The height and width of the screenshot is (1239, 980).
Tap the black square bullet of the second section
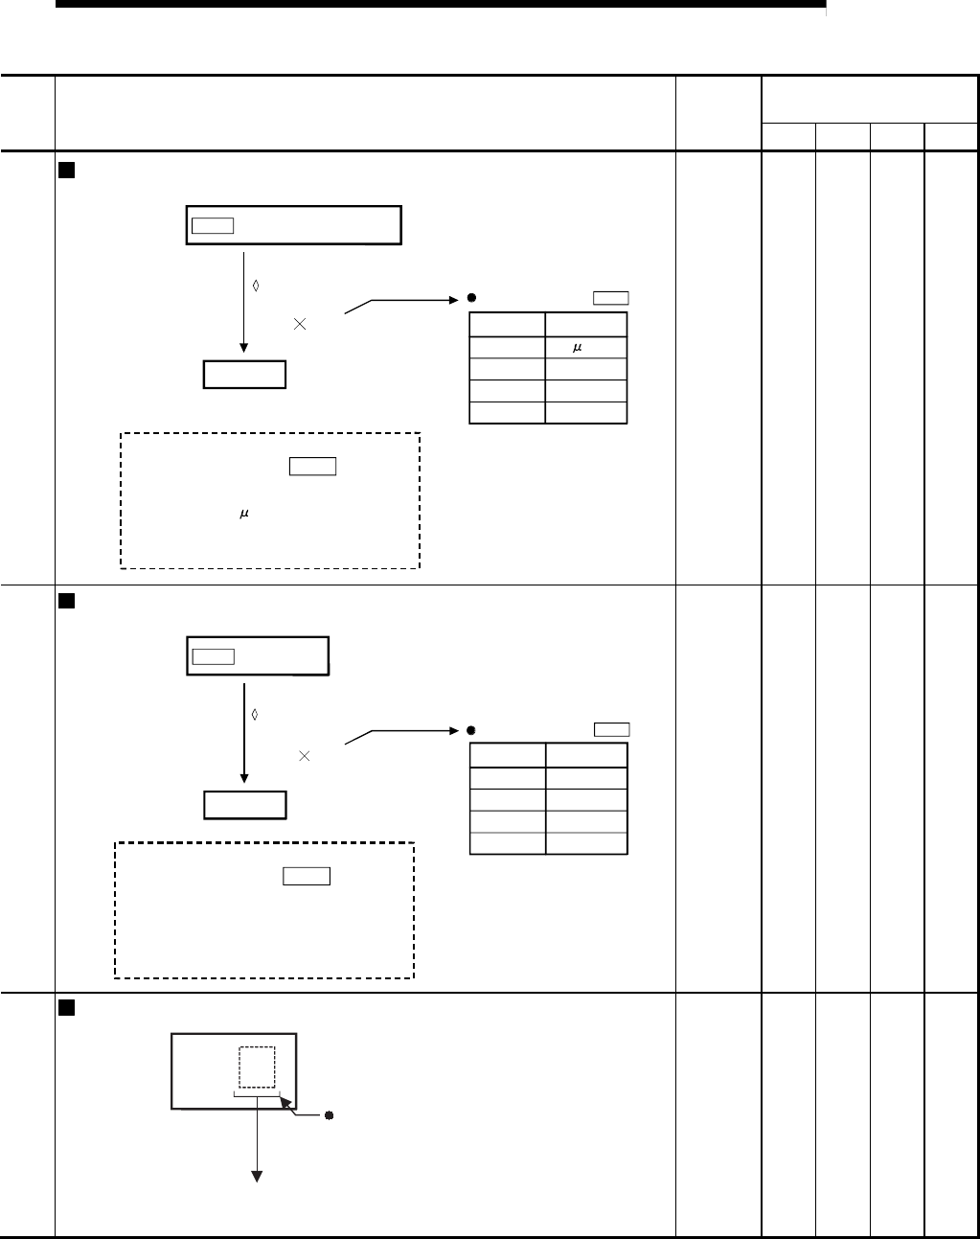(x=66, y=601)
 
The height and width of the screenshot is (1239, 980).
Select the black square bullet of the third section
(x=66, y=1008)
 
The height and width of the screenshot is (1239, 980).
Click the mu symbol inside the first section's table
(x=578, y=348)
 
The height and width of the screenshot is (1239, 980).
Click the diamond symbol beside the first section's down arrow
(x=256, y=285)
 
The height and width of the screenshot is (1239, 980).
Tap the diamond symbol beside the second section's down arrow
(x=256, y=715)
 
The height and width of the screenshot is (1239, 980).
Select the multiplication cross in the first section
(x=300, y=325)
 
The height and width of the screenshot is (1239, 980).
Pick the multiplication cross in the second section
(x=304, y=756)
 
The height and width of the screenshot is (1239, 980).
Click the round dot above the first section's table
(x=472, y=298)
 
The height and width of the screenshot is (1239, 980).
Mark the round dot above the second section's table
(x=472, y=729)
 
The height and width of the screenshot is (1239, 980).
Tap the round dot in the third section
(x=328, y=1115)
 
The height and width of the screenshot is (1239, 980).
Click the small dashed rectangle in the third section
(x=257, y=1067)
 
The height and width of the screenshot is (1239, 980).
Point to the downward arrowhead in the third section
(x=257, y=1178)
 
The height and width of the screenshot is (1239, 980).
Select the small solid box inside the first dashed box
(x=311, y=467)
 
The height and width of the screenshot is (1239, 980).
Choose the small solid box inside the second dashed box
(x=307, y=876)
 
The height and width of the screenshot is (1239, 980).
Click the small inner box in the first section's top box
(x=212, y=225)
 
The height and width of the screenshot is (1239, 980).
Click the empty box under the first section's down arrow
(x=244, y=374)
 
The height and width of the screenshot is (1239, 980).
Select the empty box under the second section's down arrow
(x=244, y=805)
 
